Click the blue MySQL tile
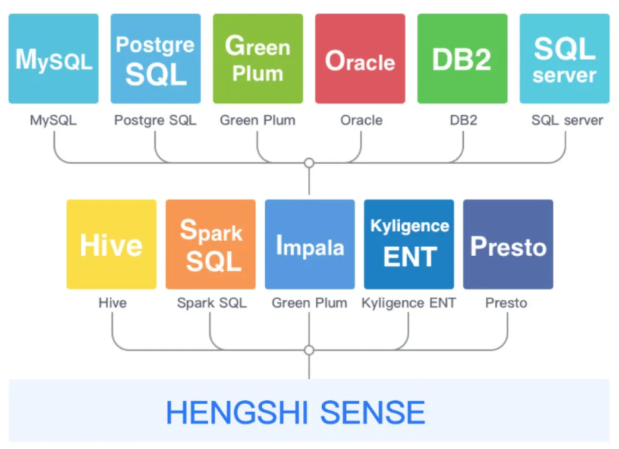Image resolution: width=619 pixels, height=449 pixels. tap(53, 59)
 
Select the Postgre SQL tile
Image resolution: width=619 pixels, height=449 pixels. tap(155, 59)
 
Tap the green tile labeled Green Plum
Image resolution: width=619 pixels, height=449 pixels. tap(258, 59)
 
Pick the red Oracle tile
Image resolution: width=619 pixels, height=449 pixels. tap(360, 59)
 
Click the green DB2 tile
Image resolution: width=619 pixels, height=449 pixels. tap(462, 59)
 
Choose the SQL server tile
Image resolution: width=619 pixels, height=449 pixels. tap(564, 59)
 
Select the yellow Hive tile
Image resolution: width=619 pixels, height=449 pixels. tap(111, 244)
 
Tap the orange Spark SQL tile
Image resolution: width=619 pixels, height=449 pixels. tap(211, 244)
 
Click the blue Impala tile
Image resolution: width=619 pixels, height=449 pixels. tap(309, 244)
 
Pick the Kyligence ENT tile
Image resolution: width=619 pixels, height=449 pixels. tap(409, 244)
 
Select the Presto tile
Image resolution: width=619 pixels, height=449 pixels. tap(508, 244)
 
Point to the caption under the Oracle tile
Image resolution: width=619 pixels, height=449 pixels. tap(361, 120)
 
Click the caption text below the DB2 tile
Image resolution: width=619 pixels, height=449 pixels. tap(462, 120)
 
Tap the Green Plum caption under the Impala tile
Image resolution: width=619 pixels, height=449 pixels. tap(309, 303)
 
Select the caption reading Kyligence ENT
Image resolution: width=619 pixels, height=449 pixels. tap(409, 303)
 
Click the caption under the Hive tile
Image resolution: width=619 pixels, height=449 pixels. tap(113, 303)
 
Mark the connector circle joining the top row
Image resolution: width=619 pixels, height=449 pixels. tap(309, 163)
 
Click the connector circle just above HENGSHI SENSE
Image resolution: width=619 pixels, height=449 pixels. tap(309, 350)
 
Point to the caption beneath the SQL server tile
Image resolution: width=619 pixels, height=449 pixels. tap(567, 120)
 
